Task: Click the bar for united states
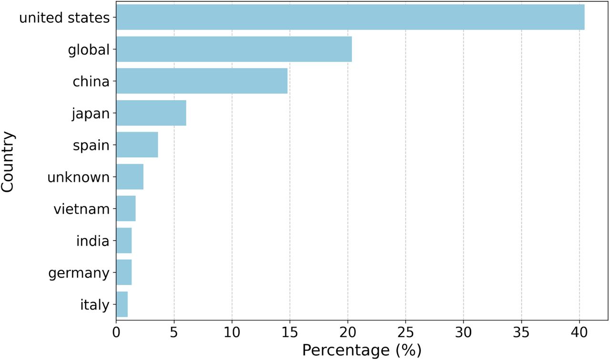click(350, 17)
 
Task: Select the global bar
click(234, 49)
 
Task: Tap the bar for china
click(202, 81)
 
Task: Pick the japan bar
click(151, 113)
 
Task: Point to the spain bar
click(137, 144)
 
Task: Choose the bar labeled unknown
click(130, 176)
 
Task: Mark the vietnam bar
click(126, 208)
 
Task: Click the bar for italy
click(122, 304)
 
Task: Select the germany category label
click(79, 273)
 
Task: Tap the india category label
click(93, 241)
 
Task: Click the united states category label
click(64, 18)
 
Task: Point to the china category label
click(91, 82)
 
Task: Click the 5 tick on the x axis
click(174, 333)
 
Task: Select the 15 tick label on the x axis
click(290, 333)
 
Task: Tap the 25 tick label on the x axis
click(406, 333)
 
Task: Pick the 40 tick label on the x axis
click(579, 333)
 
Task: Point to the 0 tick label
click(116, 333)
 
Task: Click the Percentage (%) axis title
click(362, 350)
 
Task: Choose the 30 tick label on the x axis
click(464, 333)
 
